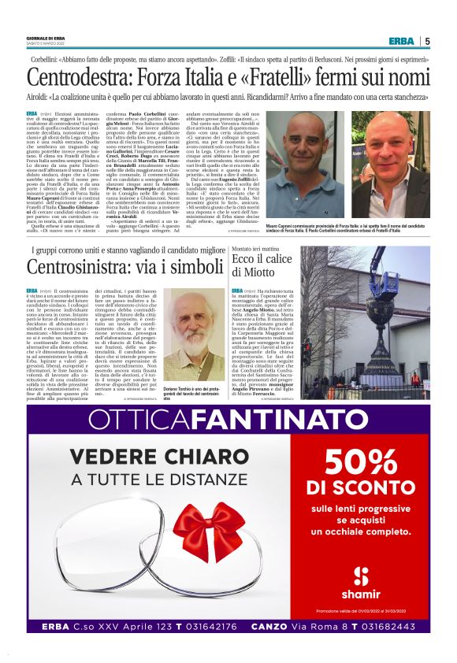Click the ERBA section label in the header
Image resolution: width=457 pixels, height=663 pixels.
pos(402,41)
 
